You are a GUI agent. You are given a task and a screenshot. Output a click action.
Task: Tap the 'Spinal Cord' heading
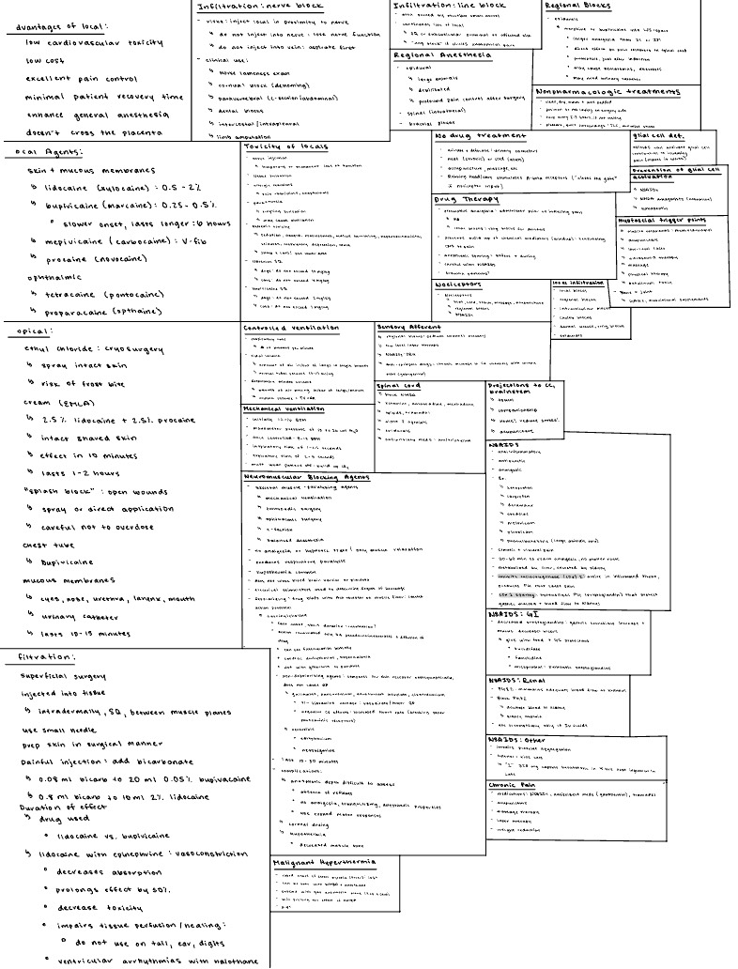398,386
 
